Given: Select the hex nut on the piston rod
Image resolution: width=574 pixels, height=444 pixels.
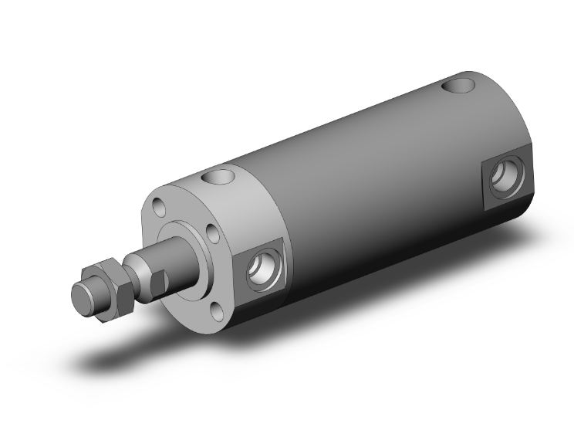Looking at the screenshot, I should coord(106,287).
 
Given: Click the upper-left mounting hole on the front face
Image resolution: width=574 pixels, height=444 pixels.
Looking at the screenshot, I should coord(158,205).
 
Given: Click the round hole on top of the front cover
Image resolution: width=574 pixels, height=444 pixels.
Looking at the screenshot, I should coord(218,178).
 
